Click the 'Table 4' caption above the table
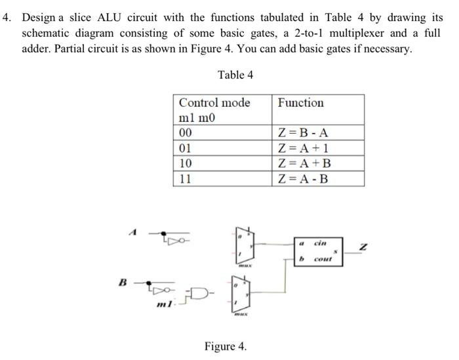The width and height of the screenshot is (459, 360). pyautogui.click(x=235, y=75)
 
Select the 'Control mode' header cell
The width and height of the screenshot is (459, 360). pyautogui.click(x=214, y=103)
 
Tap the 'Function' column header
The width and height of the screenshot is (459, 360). pyautogui.click(x=300, y=103)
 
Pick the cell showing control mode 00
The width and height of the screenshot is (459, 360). pyautogui.click(x=186, y=133)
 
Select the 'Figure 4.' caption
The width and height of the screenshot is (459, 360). pyautogui.click(x=226, y=346)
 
